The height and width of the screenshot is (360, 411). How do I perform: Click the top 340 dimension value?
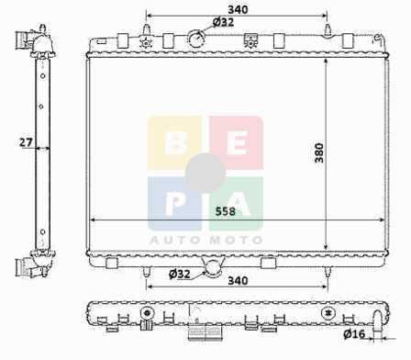point(238,9)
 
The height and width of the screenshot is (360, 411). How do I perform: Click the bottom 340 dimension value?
point(238,280)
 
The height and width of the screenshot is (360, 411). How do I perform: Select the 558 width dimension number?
point(226,211)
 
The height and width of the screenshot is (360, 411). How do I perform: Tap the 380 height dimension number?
point(319,152)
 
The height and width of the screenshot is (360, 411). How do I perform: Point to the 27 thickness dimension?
point(26,142)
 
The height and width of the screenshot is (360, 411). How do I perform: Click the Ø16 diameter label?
point(354,333)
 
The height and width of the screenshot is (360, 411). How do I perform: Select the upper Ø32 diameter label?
point(223,22)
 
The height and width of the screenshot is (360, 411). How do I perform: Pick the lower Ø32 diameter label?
point(180,274)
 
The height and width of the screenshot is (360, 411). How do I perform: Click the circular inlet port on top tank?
point(196,39)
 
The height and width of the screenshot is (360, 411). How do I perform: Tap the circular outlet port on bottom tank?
point(213,268)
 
